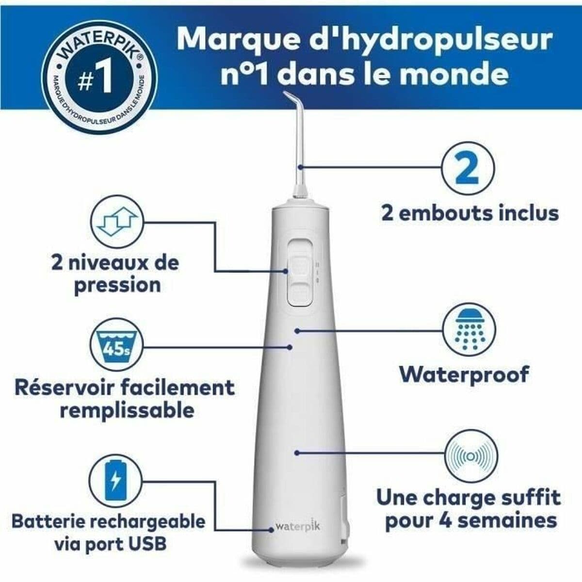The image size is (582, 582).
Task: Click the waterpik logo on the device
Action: coord(298,526)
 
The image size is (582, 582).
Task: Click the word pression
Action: coord(117,285)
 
